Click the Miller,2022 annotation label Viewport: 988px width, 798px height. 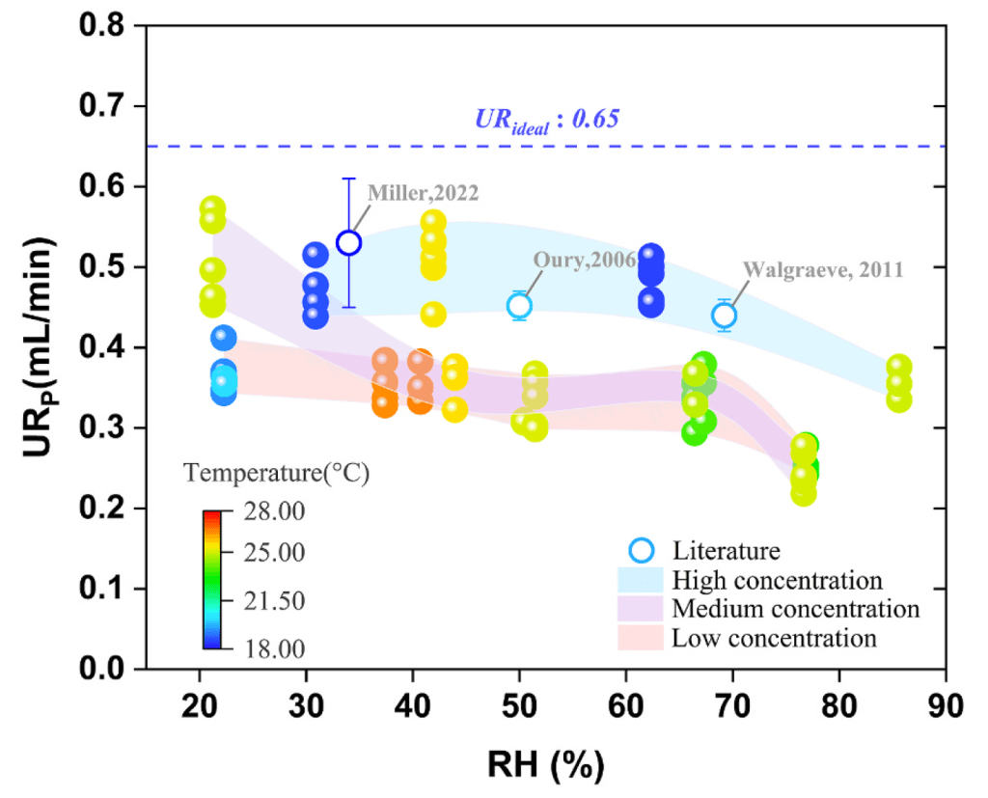423,192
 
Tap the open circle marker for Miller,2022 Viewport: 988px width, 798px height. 349,242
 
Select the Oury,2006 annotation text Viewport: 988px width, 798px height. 583,261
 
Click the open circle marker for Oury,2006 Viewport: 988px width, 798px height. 520,306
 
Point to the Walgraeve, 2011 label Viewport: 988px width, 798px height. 822,270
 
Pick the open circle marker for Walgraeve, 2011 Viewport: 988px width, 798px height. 725,315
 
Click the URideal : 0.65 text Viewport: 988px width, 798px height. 546,120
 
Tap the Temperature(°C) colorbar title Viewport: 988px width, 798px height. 278,474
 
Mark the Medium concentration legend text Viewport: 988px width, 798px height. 795,610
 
